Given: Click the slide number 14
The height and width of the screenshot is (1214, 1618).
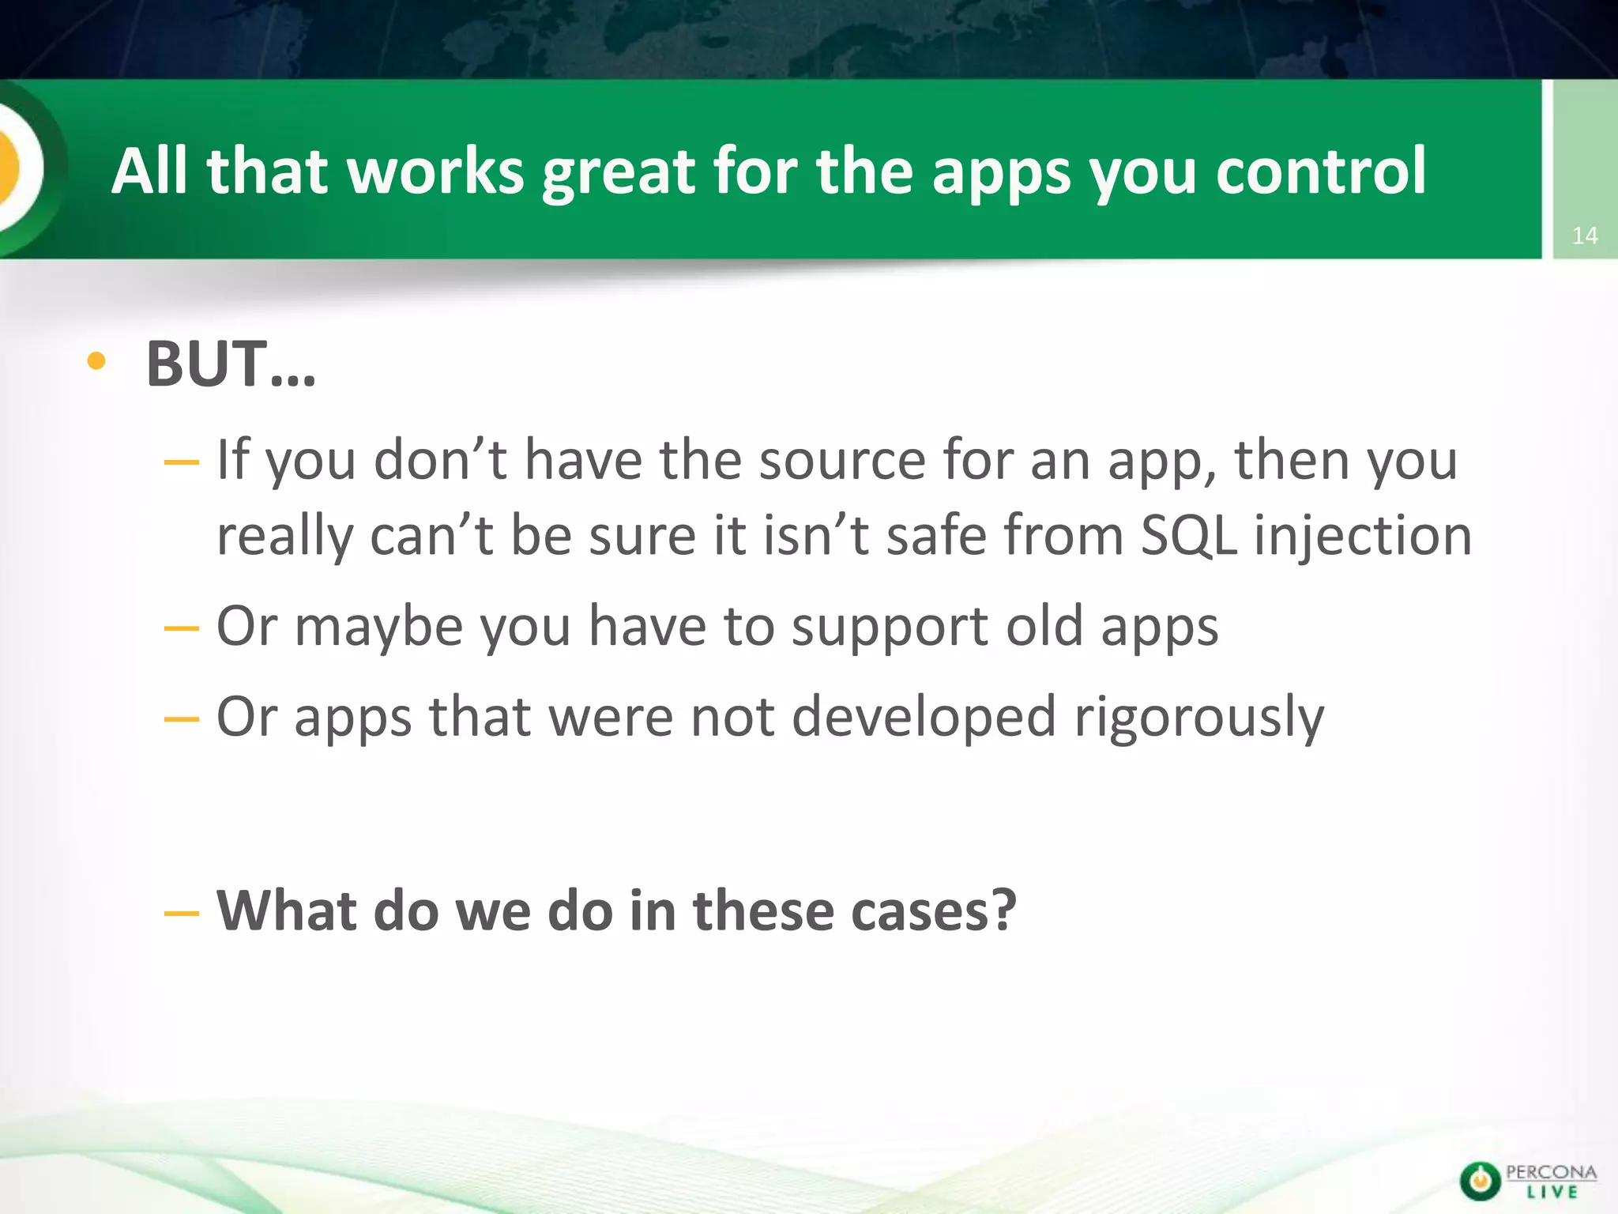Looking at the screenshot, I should [x=1584, y=236].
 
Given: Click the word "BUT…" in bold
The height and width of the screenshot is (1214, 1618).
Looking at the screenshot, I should [x=231, y=364].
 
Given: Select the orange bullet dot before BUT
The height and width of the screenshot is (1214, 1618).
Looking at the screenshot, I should [x=96, y=362].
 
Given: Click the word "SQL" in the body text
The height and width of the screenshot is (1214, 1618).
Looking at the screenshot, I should [x=1188, y=535].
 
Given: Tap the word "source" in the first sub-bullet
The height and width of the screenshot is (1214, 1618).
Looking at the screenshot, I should [x=842, y=460].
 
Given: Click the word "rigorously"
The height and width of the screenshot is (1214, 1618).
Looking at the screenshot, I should [x=1198, y=718].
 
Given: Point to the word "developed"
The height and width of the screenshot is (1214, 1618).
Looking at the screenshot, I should [x=924, y=718].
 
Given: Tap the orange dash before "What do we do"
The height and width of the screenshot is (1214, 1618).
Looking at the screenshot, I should [x=182, y=914].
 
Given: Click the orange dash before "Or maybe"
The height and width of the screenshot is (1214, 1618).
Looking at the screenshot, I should [x=182, y=629].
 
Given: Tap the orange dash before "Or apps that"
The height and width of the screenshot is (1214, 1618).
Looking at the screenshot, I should [x=182, y=719].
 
